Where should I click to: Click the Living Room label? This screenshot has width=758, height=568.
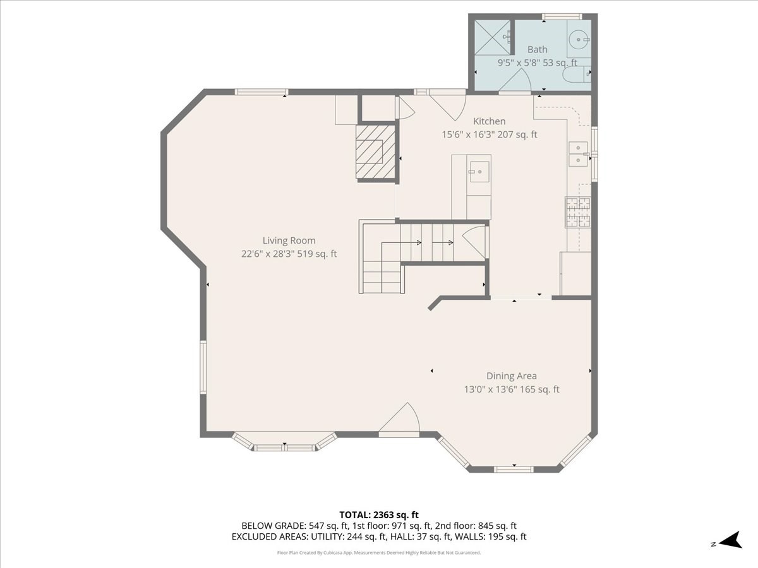[289, 240]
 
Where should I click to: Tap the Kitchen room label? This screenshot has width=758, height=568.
[490, 121]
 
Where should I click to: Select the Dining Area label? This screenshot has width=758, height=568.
[511, 376]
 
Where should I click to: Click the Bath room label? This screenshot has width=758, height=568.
[538, 49]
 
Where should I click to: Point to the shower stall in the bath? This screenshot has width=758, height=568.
[492, 37]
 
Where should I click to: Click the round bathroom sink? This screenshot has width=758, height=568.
[578, 40]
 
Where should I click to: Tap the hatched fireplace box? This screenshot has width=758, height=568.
[375, 151]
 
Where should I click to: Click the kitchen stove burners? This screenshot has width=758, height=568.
[578, 212]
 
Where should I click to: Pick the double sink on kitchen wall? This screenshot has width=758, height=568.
[577, 154]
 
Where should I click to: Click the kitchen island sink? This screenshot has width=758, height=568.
[479, 171]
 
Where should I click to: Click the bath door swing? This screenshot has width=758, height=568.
[516, 81]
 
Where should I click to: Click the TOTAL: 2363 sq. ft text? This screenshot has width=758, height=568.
[378, 514]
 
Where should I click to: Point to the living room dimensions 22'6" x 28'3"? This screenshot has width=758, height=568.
[289, 254]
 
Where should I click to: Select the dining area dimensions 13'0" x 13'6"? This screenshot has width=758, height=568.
[511, 389]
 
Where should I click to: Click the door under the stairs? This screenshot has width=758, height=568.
[475, 241]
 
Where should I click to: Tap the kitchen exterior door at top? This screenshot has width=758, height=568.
[448, 104]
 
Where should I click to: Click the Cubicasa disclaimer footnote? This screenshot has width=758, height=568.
[378, 552]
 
